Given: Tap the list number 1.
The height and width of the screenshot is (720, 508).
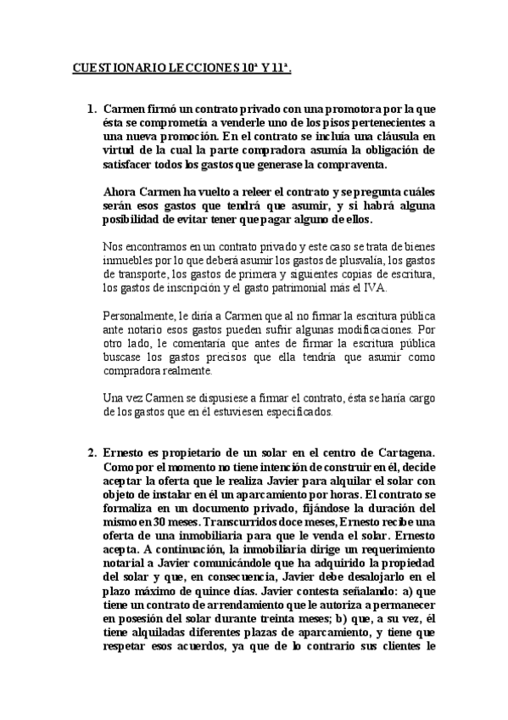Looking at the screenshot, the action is [92, 110].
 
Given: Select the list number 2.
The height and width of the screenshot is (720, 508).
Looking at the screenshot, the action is [92, 452].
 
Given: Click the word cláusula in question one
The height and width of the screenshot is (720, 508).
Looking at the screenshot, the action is [391, 136].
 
